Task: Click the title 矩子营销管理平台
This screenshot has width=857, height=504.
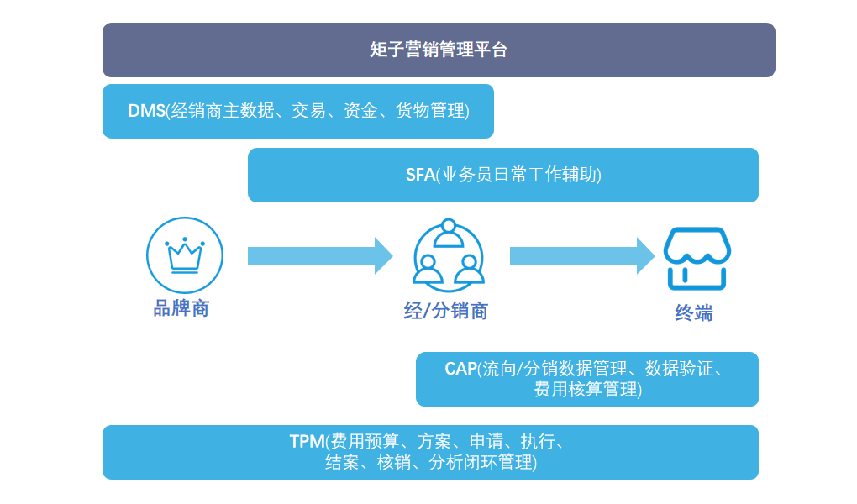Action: coord(439,50)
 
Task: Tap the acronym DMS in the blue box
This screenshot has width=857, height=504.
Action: coord(146,110)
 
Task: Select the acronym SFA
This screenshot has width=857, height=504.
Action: coord(420,175)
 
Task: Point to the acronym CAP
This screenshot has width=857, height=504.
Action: coord(460,369)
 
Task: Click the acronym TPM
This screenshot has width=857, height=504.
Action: coord(307,442)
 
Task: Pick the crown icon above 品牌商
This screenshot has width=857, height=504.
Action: coord(185,255)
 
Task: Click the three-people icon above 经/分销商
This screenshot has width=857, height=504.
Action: coord(449,255)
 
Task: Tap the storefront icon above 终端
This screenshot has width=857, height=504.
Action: coord(697,257)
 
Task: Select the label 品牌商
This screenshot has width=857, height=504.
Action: coord(181,308)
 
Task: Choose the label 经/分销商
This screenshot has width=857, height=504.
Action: coord(445,311)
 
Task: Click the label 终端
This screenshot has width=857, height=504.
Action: coord(694,313)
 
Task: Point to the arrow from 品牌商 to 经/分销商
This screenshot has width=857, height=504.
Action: coord(319,255)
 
